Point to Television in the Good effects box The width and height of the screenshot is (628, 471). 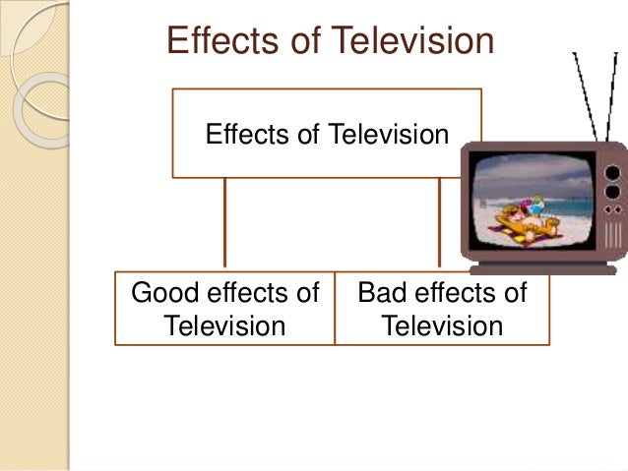tap(224, 324)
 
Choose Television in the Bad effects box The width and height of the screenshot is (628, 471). tap(442, 324)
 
